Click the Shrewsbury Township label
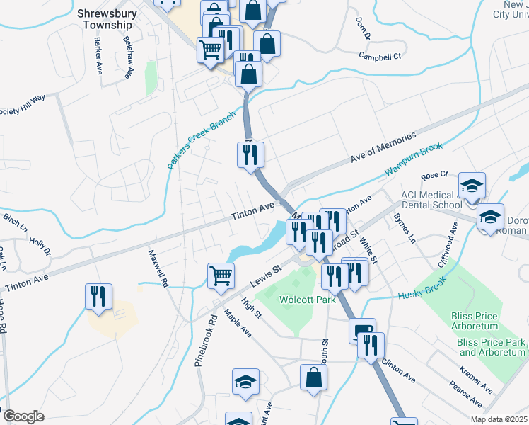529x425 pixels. click(104, 19)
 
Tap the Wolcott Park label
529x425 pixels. click(306, 300)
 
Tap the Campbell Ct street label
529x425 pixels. click(379, 55)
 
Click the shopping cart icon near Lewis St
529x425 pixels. click(221, 276)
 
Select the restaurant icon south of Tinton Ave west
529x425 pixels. click(98, 295)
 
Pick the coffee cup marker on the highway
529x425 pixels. click(361, 330)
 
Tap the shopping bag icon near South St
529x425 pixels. click(313, 378)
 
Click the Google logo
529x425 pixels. click(23, 416)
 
